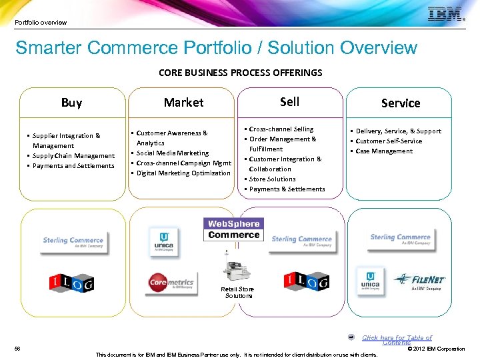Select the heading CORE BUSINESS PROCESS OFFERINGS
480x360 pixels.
(x=240, y=72)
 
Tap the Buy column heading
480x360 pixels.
(x=71, y=103)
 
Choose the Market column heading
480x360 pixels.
(x=183, y=102)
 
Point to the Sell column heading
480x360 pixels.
(x=289, y=101)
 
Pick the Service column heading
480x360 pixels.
(x=401, y=103)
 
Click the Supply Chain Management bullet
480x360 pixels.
(x=73, y=155)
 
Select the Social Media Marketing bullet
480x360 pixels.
(x=172, y=153)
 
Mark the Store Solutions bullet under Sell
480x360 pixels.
(x=272, y=179)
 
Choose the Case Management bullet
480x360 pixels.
(x=384, y=151)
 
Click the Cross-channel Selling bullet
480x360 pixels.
(x=281, y=129)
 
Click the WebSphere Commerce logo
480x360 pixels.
(x=233, y=229)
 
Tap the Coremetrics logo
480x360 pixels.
(x=171, y=283)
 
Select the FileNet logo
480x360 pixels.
(x=419, y=281)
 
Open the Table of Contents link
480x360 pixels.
(x=397, y=339)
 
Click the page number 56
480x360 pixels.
(x=17, y=349)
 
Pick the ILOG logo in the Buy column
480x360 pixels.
(x=72, y=283)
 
